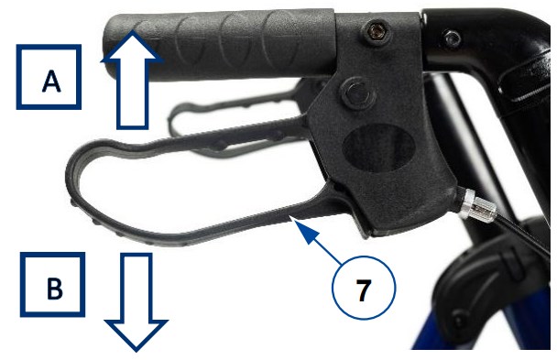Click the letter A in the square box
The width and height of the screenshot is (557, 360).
click(51, 81)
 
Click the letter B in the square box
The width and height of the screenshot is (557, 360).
click(54, 288)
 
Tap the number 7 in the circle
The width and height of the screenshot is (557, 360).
click(363, 290)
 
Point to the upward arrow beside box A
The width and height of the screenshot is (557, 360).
click(132, 80)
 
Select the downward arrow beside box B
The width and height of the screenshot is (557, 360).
click(137, 301)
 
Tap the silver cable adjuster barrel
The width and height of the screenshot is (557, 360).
click(476, 206)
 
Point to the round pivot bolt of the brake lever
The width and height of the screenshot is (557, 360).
click(356, 93)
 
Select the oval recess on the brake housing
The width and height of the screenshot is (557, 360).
click(378, 147)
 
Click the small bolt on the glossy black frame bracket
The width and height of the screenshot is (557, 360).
click(451, 38)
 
